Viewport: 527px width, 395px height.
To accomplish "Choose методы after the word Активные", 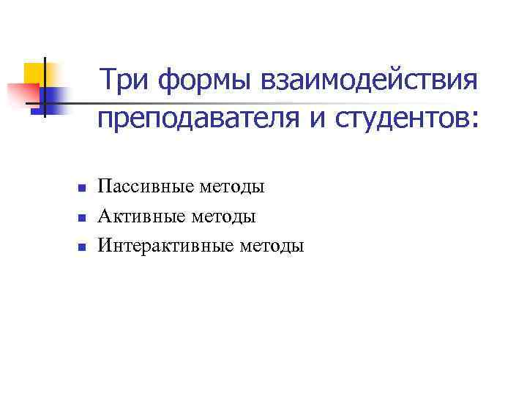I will tap(223, 217).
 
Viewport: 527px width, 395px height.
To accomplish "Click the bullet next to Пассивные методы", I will tap(82, 188).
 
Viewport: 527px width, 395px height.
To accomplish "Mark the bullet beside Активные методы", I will tap(82, 217).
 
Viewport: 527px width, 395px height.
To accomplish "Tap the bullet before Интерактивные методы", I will tap(82, 247).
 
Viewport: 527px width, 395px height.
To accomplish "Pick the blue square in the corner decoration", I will tap(53, 97).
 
